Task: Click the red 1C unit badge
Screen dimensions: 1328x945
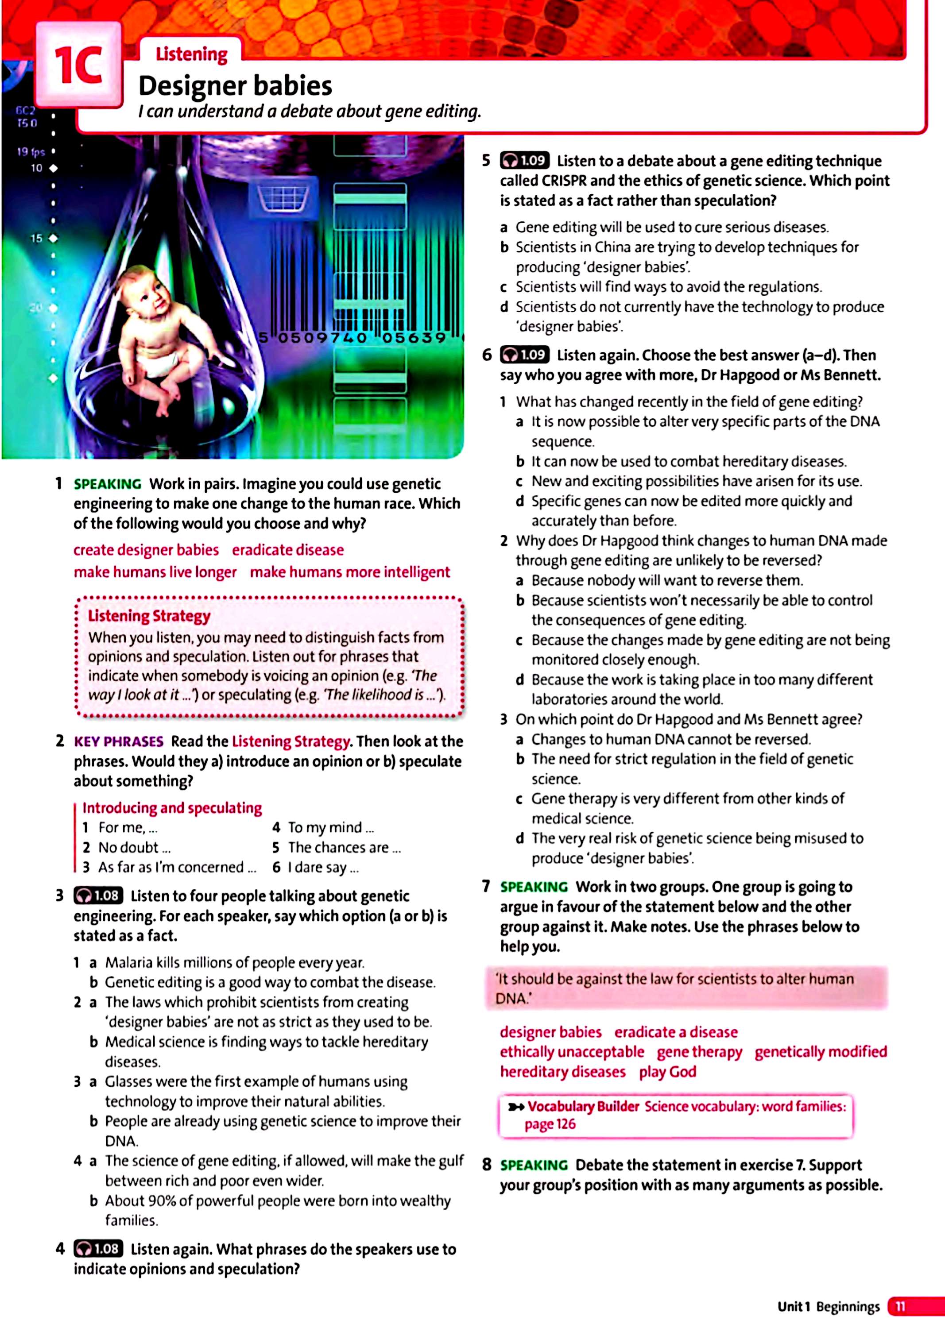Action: click(78, 65)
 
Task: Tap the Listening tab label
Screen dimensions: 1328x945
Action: click(191, 54)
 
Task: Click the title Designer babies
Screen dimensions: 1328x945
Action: click(235, 86)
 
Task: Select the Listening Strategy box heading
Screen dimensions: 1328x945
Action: click(149, 615)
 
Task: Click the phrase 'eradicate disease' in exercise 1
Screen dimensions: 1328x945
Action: click(287, 550)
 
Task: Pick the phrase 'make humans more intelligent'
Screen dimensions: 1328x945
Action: click(350, 572)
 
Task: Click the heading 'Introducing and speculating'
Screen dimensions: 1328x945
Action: click(172, 807)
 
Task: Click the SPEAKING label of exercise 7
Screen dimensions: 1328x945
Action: click(534, 887)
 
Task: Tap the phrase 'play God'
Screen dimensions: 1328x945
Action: click(667, 1071)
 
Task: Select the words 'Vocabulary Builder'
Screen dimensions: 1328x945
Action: click(584, 1106)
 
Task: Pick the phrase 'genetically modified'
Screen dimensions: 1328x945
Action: click(821, 1052)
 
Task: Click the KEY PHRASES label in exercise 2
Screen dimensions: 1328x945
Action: click(118, 741)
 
